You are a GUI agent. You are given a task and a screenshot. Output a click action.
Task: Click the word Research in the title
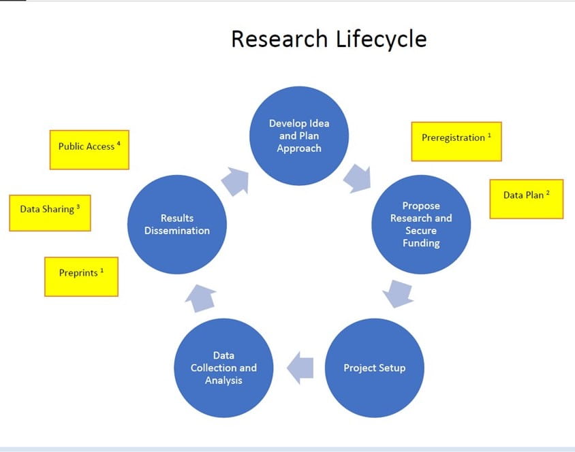[279, 39]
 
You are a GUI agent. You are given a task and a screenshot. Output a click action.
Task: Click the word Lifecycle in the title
[382, 39]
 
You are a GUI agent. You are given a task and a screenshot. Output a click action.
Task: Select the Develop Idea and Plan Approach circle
[299, 136]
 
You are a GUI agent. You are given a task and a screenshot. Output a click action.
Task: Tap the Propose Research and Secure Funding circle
[421, 224]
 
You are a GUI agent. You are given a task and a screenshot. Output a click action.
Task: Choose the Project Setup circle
[375, 368]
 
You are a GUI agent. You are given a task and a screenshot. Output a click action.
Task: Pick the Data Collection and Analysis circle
[223, 368]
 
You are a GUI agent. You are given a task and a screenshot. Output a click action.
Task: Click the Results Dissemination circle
[177, 224]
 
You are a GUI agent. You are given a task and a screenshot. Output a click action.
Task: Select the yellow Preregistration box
[456, 142]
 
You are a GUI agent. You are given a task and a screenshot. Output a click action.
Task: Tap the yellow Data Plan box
[527, 199]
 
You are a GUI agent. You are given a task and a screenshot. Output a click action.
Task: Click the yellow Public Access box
[89, 150]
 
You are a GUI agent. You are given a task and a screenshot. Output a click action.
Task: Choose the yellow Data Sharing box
[50, 213]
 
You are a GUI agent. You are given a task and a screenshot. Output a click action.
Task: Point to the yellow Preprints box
[81, 276]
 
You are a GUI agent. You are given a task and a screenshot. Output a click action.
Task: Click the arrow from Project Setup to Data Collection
[300, 368]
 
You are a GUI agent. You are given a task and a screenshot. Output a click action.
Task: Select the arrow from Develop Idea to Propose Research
[358, 178]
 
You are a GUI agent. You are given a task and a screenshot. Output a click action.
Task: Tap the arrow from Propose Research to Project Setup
[398, 294]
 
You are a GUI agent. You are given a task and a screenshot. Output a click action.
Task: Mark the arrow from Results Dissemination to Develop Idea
[236, 181]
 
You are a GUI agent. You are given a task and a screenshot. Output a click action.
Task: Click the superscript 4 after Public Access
[119, 143]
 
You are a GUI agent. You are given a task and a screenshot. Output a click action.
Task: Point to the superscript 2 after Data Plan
[548, 192]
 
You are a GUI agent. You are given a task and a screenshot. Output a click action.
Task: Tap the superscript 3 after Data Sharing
[78, 206]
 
